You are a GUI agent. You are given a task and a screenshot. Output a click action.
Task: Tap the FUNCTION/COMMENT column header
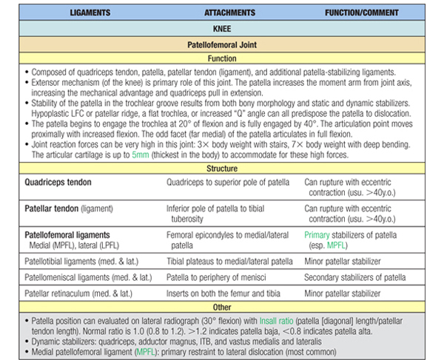click(x=363, y=13)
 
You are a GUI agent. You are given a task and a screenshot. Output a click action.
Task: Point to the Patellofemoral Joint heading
click(x=222, y=46)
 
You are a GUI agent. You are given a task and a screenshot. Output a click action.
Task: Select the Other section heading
click(x=222, y=306)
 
